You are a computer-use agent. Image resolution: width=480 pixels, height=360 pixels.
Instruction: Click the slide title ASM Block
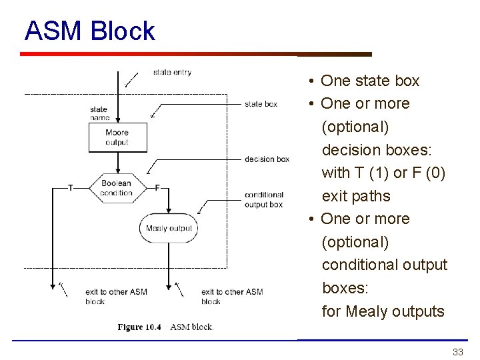pyautogui.click(x=89, y=31)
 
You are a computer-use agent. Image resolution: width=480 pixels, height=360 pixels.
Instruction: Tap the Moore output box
pyautogui.click(x=117, y=137)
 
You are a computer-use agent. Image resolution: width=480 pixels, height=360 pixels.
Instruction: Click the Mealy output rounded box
pyautogui.click(x=168, y=228)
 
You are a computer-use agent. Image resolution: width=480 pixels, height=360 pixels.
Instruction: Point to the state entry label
pyautogui.click(x=172, y=72)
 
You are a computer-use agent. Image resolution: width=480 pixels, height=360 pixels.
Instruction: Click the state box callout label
pyautogui.click(x=261, y=104)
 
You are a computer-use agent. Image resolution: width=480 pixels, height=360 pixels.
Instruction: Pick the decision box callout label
pyautogui.click(x=267, y=159)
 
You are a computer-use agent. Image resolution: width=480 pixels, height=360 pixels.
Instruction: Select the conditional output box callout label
pyautogui.click(x=264, y=200)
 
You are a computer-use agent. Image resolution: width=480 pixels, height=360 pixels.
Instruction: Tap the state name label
pyautogui.click(x=99, y=113)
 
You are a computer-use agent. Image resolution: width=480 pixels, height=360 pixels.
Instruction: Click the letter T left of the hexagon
pyautogui.click(x=70, y=189)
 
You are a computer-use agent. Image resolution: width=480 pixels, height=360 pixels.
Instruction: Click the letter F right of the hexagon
pyautogui.click(x=157, y=189)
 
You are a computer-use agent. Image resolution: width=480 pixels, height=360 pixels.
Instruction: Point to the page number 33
pyautogui.click(x=457, y=352)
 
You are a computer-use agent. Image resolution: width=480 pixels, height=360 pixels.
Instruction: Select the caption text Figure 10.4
pyautogui.click(x=139, y=327)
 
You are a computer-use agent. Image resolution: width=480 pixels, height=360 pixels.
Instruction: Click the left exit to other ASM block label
pyautogui.click(x=116, y=296)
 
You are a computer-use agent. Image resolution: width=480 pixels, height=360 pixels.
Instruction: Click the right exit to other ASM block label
pyautogui.click(x=231, y=296)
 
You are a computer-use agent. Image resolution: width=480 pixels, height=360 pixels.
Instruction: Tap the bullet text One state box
pyautogui.click(x=369, y=81)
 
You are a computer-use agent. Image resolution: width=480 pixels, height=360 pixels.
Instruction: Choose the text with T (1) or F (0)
pyautogui.click(x=383, y=173)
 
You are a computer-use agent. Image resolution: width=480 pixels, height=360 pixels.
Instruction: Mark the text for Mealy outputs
pyautogui.click(x=383, y=311)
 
